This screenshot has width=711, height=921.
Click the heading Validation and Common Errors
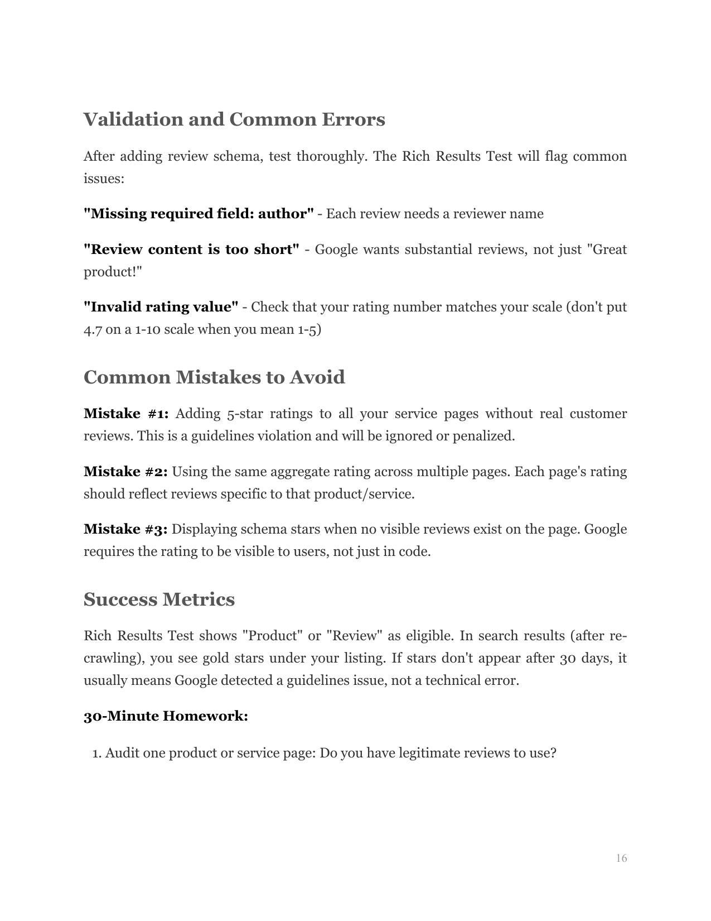[234, 119]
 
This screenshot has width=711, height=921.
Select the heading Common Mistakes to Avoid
[214, 377]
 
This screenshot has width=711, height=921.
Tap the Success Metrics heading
[159, 599]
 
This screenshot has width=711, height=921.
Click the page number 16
[621, 858]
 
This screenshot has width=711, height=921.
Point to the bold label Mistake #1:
[126, 414]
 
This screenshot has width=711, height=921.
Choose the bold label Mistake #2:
[125, 472]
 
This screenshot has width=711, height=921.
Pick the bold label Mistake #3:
[125, 529]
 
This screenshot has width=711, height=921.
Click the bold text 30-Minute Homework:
[166, 716]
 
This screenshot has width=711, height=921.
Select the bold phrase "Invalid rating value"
[161, 307]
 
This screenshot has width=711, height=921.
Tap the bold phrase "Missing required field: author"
[199, 214]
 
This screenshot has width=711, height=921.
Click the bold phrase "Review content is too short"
[191, 250]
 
